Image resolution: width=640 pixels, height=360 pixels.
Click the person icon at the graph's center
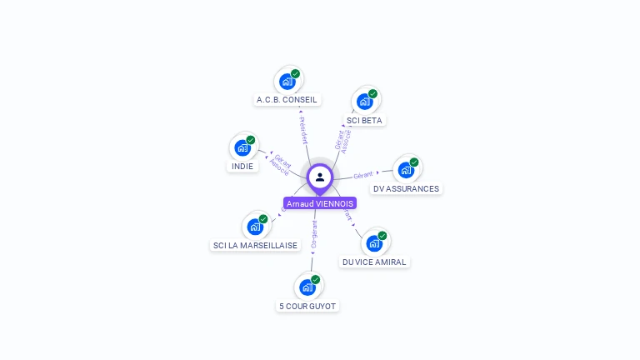coord(320,177)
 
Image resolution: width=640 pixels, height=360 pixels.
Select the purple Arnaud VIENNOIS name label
coord(320,203)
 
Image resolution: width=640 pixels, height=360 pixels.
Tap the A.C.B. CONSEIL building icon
coord(287,81)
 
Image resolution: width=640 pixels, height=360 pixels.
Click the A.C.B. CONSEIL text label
coord(287,100)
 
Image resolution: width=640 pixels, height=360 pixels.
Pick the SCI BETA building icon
coord(365,101)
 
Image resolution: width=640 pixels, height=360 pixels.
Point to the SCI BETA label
coord(365,120)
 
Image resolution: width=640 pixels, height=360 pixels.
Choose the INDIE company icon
coord(242,147)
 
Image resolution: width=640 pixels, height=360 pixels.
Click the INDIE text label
coord(242,166)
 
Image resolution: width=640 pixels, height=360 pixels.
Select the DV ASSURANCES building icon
coord(407,169)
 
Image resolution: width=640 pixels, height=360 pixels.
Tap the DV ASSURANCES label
coord(407,188)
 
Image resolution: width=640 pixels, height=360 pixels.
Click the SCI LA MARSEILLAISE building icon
coord(256,226)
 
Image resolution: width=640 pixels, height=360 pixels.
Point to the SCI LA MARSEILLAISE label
coord(256,245)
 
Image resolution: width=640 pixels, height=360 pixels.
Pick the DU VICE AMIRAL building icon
coord(375,242)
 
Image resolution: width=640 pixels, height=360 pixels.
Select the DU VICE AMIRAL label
coord(375,262)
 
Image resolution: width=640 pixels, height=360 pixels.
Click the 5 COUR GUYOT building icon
coord(308,287)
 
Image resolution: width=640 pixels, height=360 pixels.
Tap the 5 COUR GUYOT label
coord(308,306)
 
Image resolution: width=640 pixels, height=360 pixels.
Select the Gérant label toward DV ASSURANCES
coord(362,175)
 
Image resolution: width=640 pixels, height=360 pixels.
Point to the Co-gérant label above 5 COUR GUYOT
coord(313,235)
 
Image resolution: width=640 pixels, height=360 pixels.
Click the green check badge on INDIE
coord(251,140)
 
